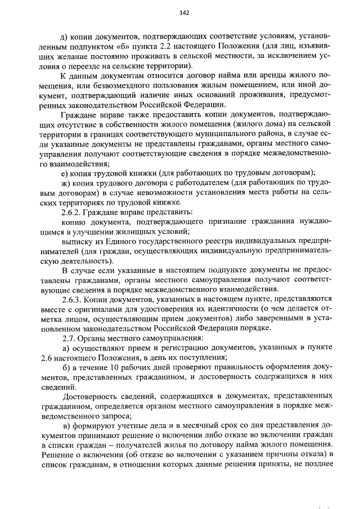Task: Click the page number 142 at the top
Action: click(183, 12)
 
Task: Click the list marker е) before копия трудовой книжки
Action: click(65, 173)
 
